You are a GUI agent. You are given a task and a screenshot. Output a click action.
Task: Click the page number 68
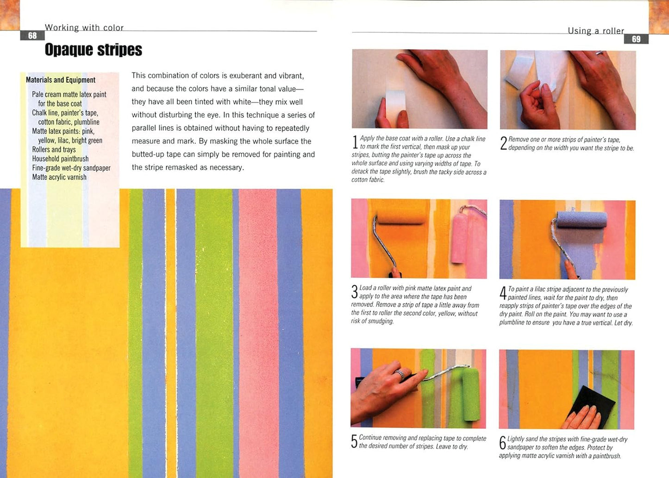pyautogui.click(x=32, y=36)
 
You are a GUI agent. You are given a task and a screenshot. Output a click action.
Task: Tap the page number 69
pyautogui.click(x=636, y=39)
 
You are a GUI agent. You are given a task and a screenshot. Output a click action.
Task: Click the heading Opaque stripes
pyautogui.click(x=94, y=50)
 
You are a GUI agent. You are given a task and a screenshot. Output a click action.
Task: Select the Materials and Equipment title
pyautogui.click(x=61, y=80)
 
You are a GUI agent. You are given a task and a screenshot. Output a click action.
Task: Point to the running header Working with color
pyautogui.click(x=84, y=28)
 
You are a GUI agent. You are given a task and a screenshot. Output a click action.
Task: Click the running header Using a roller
pyautogui.click(x=596, y=31)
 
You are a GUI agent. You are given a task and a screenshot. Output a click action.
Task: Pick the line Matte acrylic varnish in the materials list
pyautogui.click(x=59, y=177)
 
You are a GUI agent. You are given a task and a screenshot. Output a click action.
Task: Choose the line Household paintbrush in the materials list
pyautogui.click(x=60, y=159)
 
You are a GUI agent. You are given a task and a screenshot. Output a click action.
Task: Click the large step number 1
pyautogui.click(x=355, y=142)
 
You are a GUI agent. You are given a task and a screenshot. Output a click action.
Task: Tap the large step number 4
pyautogui.click(x=503, y=293)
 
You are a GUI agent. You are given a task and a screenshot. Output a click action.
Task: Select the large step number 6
pyautogui.click(x=503, y=443)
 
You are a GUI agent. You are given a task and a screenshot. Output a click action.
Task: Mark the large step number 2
pyautogui.click(x=504, y=143)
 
